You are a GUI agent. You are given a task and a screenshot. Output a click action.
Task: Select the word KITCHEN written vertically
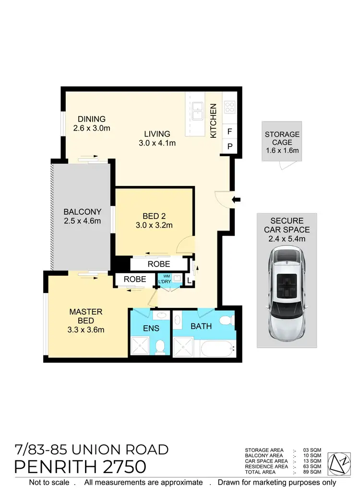click(x=214, y=121)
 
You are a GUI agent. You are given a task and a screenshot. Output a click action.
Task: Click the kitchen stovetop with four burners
click(x=229, y=107)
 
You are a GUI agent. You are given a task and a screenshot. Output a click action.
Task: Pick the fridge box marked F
click(x=229, y=131)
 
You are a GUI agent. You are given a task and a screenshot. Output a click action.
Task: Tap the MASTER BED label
click(x=86, y=320)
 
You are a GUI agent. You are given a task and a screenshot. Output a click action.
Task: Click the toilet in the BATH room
click(x=224, y=321)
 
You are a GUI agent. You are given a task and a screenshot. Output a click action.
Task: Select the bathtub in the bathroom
click(x=217, y=348)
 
